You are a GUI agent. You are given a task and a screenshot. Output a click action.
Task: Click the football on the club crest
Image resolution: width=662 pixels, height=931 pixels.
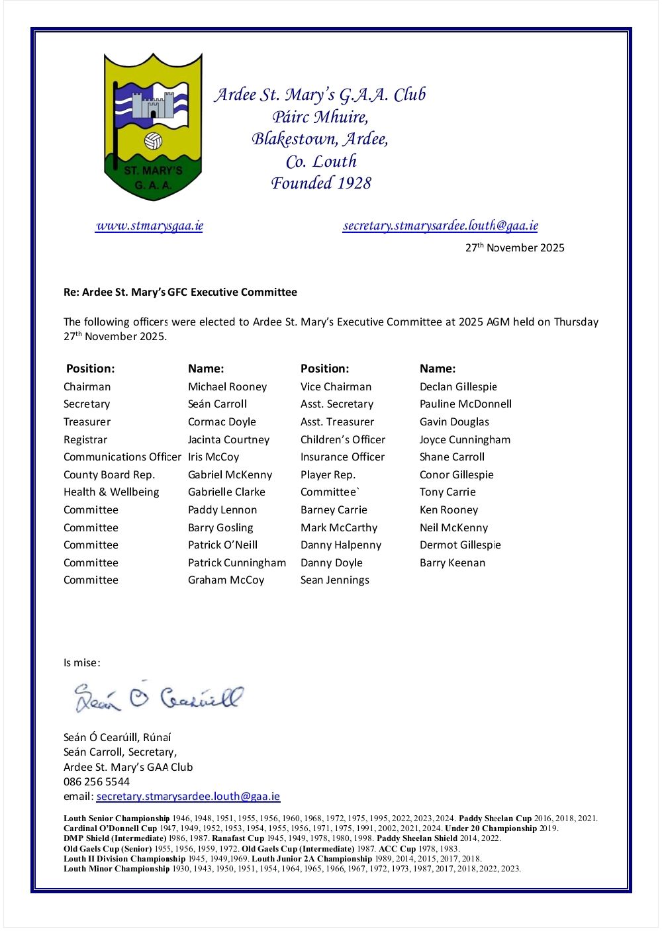tap(153, 141)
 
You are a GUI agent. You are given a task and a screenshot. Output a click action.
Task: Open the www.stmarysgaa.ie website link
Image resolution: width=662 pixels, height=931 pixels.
tap(149, 226)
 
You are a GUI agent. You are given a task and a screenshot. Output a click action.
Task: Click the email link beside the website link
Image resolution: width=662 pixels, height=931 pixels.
tap(440, 226)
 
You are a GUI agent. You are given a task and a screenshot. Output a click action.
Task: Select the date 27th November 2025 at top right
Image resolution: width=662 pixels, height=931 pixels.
tap(514, 247)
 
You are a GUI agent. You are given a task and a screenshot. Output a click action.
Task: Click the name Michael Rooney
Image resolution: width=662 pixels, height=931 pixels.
tap(227, 387)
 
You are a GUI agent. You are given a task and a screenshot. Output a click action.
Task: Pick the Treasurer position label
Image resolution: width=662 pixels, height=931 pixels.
tap(87, 422)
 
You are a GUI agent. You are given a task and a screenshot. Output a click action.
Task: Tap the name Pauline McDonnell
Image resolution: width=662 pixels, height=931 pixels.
tap(465, 404)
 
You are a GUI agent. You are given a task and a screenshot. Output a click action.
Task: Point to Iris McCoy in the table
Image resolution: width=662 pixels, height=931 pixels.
tap(213, 457)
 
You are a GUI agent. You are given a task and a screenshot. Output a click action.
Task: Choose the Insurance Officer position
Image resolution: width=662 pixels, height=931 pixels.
tap(342, 457)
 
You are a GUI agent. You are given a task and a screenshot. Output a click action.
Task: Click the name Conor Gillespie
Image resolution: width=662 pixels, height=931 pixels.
tap(456, 475)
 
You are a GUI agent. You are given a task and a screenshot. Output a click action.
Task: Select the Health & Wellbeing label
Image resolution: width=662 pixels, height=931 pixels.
tap(111, 492)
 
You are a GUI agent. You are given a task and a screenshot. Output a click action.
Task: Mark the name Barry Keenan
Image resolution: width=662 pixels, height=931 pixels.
tap(452, 563)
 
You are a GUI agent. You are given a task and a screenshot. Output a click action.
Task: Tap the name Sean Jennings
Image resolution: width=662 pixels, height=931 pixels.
tap(334, 580)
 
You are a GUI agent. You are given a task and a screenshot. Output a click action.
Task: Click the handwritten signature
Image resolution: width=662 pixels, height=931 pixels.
tap(159, 697)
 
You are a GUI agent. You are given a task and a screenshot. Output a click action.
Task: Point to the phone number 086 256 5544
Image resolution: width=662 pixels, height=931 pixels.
tap(97, 782)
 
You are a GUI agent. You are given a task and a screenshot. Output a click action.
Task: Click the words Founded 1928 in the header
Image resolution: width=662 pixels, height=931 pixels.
tap(321, 183)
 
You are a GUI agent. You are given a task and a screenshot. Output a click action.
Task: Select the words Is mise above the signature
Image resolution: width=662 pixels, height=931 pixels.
tap(81, 663)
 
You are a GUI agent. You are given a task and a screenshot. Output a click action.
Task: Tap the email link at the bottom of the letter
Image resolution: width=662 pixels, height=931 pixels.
tap(188, 797)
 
